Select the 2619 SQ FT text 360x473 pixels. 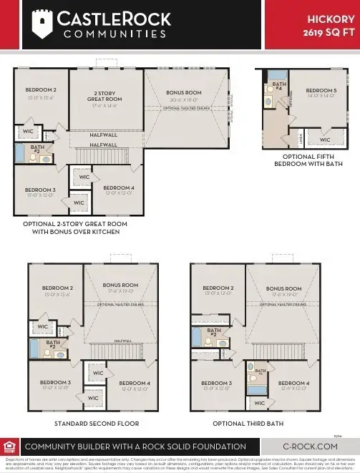[x=327, y=33]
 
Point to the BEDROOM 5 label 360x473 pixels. [x=321, y=91]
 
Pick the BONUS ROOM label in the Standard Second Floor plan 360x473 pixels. [x=121, y=286]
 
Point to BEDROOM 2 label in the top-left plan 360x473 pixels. [x=42, y=90]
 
